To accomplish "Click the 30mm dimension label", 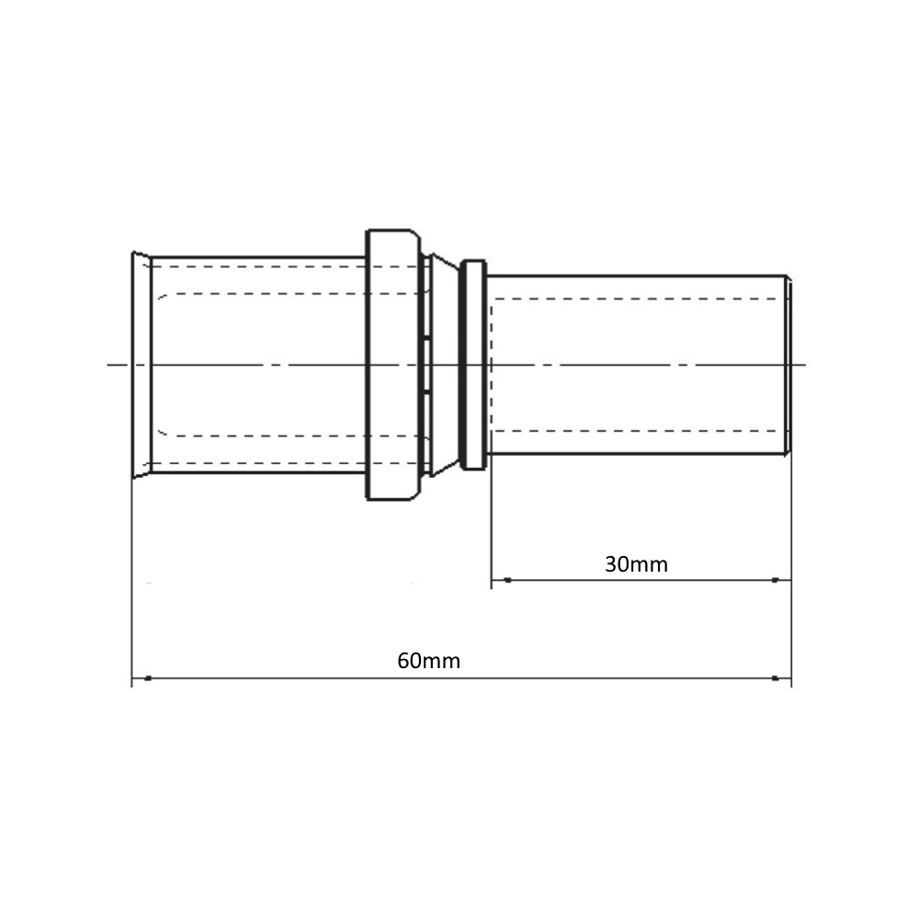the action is (x=636, y=564).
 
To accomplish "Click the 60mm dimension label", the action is (x=428, y=661).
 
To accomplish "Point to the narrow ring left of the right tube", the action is (x=473, y=365).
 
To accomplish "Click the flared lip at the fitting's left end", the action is (x=142, y=365).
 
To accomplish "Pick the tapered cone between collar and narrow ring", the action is (x=445, y=365).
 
